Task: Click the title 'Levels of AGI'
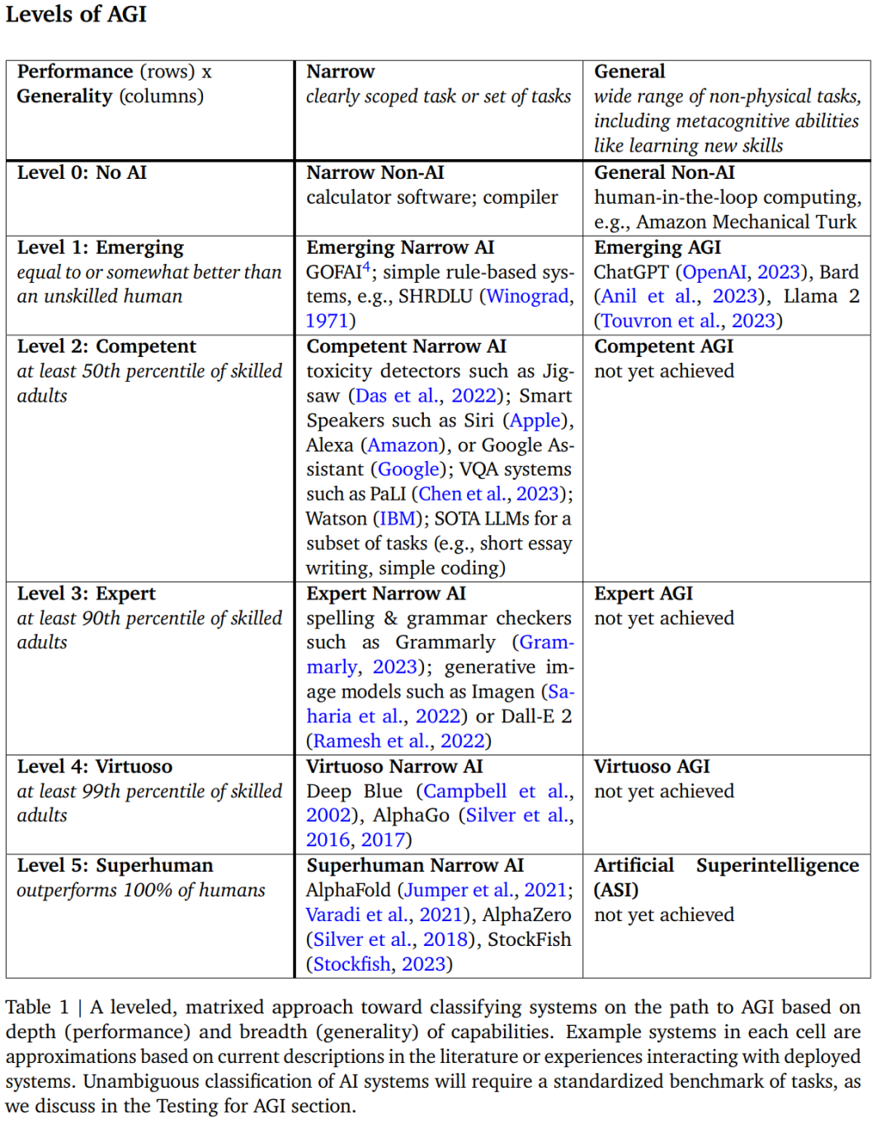point(76,15)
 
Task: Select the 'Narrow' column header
point(340,72)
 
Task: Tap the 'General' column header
point(629,72)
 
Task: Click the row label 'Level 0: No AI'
point(82,172)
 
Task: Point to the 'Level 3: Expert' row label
point(86,594)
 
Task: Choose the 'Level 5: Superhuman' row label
point(115,865)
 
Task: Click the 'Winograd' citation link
point(528,296)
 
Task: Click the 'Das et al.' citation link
point(395,396)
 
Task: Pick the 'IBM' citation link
point(397,519)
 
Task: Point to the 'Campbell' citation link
point(464,792)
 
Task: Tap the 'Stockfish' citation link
point(351,964)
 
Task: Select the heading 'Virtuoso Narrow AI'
point(394,767)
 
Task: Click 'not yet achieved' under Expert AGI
point(663,618)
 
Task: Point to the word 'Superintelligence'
point(777,865)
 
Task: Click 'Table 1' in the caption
point(37,1007)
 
